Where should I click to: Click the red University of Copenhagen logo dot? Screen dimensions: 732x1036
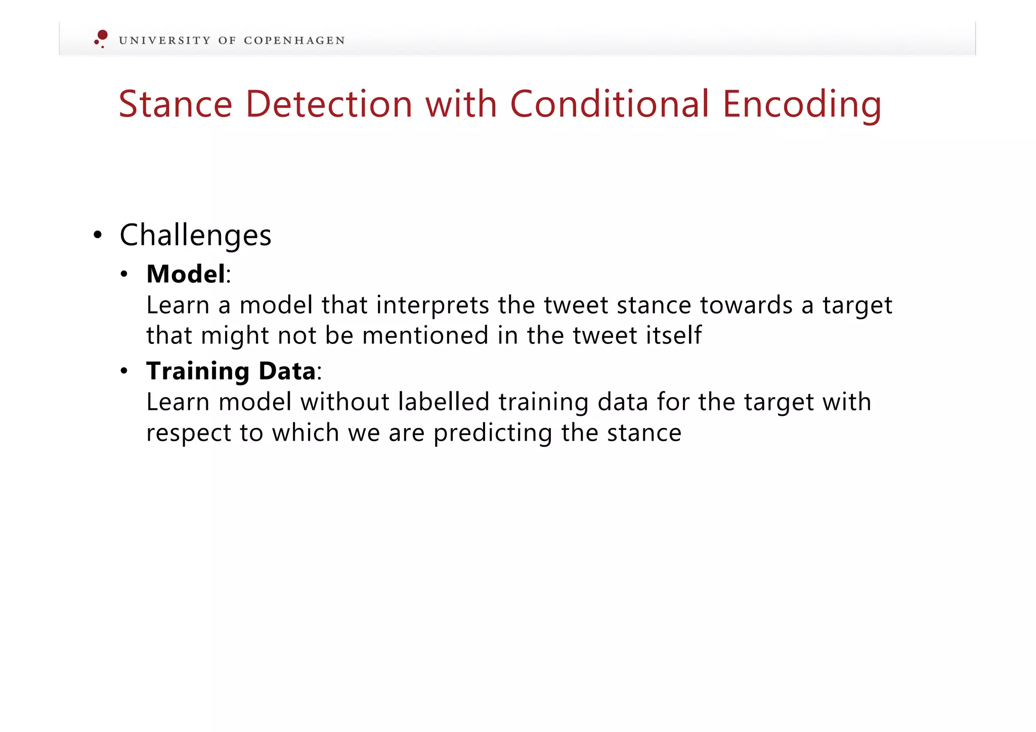coord(102,35)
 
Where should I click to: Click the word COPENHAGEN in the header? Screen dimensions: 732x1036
coord(294,40)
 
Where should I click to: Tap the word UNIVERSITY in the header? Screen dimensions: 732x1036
coord(164,40)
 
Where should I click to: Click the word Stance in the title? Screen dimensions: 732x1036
coord(175,104)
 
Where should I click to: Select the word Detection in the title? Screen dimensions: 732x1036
coord(329,104)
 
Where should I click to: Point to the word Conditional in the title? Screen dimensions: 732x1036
coord(609,104)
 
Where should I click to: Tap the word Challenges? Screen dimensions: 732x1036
coord(195,236)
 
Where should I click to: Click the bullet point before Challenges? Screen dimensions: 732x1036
coord(98,235)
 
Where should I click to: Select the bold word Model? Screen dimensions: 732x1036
coord(186,274)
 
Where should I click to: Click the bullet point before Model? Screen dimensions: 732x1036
coord(124,275)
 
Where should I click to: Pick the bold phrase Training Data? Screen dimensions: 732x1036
coord(231,371)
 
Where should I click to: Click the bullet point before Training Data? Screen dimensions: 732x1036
coord(124,372)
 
